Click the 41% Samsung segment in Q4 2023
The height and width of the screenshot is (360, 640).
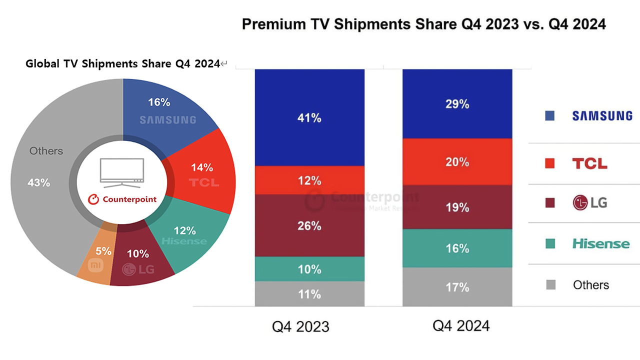coord(309,117)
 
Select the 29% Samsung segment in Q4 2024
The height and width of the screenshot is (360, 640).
coord(457,104)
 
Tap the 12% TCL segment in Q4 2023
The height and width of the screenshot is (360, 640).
coord(309,180)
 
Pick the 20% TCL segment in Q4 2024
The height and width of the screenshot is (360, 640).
coord(457,162)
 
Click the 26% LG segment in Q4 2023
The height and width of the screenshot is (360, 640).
coord(309,225)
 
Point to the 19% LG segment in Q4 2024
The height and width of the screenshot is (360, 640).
coord(457,207)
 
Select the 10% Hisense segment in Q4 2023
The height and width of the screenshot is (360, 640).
coord(309,269)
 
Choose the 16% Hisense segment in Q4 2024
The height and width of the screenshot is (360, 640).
coord(457,248)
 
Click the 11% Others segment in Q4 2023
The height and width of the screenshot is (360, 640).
coord(309,294)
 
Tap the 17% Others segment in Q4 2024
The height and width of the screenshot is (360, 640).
coord(457,287)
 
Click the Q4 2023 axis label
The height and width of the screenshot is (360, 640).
coord(300,326)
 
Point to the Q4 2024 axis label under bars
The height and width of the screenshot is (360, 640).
coord(461,326)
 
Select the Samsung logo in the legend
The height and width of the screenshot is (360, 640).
coord(602,116)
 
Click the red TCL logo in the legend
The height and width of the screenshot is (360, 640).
coord(590,163)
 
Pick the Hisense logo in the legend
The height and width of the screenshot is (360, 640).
coord(601,244)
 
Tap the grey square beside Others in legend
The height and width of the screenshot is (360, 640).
coord(550,285)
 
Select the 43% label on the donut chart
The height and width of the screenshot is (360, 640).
coord(38,183)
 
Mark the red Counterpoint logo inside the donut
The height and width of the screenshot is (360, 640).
coord(122,199)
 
